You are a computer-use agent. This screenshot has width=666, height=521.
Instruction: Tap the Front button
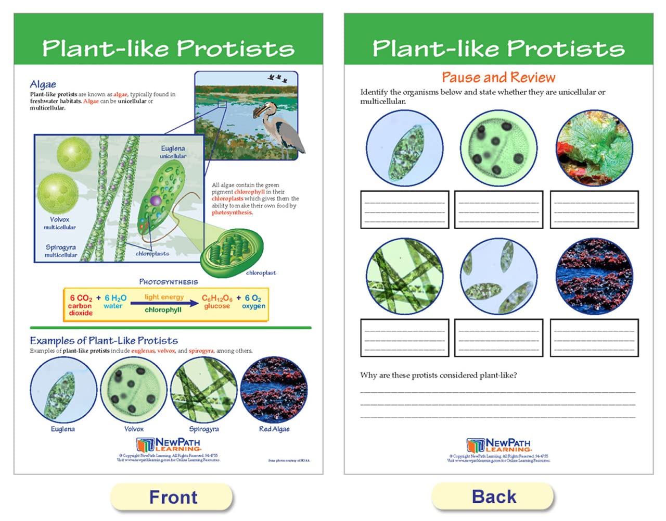[x=172, y=497]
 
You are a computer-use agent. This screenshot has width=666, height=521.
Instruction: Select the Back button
[x=493, y=497]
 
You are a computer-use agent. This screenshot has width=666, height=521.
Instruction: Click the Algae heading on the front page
[x=43, y=84]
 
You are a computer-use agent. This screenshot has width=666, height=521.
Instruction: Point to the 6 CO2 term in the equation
[x=81, y=299]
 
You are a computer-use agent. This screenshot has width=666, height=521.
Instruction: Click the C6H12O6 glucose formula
[x=217, y=299]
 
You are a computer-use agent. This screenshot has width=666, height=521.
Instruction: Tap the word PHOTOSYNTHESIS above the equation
[x=168, y=282]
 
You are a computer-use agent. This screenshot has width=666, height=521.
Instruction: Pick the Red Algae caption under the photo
[x=274, y=429]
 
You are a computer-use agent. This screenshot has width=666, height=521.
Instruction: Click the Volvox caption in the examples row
[x=134, y=429]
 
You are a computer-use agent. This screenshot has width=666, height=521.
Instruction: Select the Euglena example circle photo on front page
[x=63, y=390]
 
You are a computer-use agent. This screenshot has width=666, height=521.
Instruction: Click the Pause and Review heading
[x=498, y=78]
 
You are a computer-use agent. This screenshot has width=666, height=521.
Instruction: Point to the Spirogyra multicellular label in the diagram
[x=61, y=251]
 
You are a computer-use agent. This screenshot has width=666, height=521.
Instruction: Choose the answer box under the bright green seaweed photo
[x=594, y=210]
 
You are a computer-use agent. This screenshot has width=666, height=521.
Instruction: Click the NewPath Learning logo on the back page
[x=498, y=445]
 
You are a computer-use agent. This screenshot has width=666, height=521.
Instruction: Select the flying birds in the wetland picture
[x=277, y=79]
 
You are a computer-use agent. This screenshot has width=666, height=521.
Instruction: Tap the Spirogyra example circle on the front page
[x=204, y=390]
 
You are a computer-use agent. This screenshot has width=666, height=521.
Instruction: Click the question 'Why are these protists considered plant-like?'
[x=439, y=375]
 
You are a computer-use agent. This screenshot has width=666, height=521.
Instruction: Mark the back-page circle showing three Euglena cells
[x=498, y=277]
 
